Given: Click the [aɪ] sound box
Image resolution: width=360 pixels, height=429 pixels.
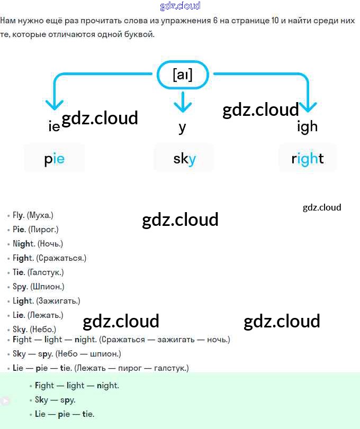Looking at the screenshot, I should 183,75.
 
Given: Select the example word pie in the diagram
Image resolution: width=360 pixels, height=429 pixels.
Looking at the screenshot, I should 55,158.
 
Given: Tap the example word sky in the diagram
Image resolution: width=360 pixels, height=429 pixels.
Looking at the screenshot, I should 184,158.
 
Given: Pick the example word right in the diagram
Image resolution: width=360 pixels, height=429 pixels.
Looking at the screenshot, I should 308,158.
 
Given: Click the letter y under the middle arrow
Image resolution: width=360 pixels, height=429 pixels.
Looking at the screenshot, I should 183,127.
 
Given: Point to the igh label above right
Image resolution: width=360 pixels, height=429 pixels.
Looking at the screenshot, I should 308,127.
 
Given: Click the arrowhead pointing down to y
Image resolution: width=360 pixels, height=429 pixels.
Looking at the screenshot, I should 183,106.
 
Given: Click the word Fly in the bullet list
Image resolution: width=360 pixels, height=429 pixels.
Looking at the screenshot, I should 19,215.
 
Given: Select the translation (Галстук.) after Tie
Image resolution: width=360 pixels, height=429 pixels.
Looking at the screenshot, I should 46,272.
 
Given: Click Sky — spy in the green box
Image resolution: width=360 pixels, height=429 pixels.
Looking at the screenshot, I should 55,400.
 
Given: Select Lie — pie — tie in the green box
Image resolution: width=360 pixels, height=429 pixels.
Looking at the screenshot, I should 65,414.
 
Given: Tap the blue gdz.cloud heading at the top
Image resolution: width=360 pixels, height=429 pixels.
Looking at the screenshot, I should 180,6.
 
